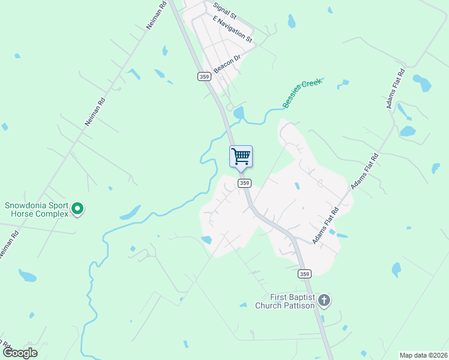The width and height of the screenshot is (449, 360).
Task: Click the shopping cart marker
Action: (x=241, y=157)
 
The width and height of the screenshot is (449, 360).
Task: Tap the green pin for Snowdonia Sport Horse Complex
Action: (x=77, y=209)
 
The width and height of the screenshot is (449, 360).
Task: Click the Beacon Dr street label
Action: (x=227, y=63)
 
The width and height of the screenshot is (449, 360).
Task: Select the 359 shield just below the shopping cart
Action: (x=243, y=183)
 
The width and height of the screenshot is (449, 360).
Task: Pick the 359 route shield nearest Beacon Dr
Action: (x=204, y=76)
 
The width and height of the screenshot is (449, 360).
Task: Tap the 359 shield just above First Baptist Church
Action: (x=305, y=274)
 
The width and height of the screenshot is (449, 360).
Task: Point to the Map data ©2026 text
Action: (x=423, y=355)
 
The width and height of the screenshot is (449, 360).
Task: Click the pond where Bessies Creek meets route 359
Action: (x=239, y=113)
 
